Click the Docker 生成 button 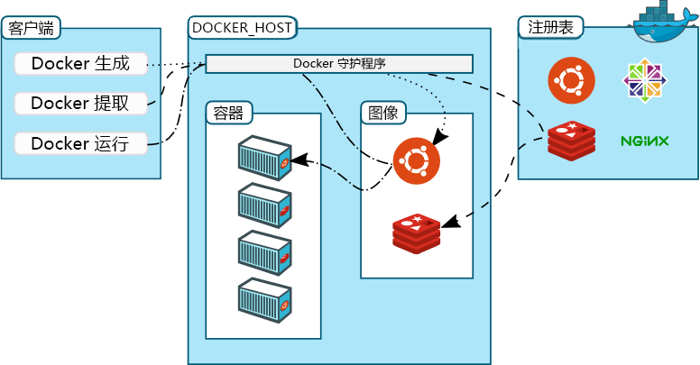coord(81,64)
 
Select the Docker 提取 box coord(81,104)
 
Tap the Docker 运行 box coord(81,143)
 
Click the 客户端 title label coord(31,28)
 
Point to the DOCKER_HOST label coord(242,28)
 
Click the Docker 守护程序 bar coord(339,64)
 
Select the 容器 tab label coord(228,113)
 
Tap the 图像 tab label coord(383,113)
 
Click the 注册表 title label coord(550,27)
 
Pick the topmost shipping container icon coord(264,158)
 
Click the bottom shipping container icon coord(264,300)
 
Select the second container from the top coord(264,205)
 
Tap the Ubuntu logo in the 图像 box coord(417,161)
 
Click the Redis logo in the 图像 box coord(417,233)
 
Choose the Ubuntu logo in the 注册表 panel coord(571,80)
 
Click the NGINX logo coord(645,141)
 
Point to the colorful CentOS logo coord(645,80)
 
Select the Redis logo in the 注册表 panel coord(572,141)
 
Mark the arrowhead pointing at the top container coord(299,160)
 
